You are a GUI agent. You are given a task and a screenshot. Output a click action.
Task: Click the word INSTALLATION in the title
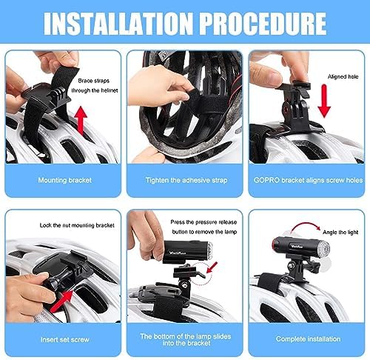118,23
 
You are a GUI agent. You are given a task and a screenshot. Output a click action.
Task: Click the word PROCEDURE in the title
263,23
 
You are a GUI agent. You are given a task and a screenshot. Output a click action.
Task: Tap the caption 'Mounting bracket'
65,180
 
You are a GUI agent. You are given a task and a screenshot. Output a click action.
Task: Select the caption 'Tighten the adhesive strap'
186,180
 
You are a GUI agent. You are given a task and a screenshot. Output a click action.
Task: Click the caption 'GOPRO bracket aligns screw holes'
308,180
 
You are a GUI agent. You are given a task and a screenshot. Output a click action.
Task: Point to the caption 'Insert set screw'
65,340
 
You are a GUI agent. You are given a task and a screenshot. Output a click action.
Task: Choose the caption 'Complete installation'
308,339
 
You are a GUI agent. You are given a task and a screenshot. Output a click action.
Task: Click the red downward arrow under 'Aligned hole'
324,101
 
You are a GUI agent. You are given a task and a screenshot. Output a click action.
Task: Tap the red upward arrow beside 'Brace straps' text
81,121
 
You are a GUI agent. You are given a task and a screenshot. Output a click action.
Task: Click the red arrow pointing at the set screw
61,301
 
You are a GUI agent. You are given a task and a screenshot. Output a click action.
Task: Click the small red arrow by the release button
212,267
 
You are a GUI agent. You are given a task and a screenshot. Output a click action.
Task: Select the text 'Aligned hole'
343,77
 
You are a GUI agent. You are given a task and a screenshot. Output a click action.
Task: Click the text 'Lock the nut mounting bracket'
77,225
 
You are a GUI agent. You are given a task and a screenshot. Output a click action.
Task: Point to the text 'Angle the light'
340,232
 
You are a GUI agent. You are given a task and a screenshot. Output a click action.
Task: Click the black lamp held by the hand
187,252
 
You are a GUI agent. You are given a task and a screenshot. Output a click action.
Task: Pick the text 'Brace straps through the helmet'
95,86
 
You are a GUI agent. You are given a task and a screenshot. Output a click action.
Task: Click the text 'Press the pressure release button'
203,227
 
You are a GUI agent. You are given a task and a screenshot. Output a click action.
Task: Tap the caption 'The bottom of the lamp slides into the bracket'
186,339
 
